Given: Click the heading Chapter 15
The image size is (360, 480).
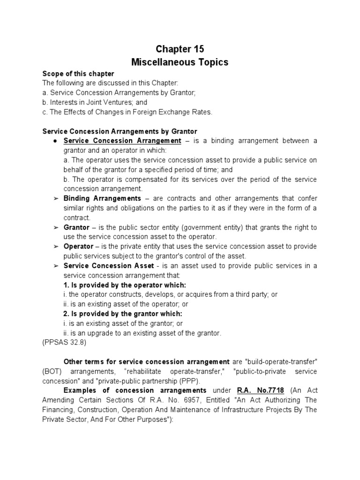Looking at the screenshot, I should pos(180,49).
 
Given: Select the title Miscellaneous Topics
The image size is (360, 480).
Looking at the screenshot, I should pos(180,62).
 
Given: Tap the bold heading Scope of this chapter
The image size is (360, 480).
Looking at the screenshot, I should pos(78,74).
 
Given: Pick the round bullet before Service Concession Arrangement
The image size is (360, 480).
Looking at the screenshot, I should pos(55,141).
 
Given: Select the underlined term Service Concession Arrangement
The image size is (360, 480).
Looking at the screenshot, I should pos(122,141).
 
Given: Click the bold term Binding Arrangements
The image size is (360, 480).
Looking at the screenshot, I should pos(102,198).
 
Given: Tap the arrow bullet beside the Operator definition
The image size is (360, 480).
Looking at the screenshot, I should pos(55,247).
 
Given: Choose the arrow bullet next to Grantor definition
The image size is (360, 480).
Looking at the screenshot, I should pos(55,227).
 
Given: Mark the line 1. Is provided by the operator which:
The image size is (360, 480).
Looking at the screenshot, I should pos(125,285).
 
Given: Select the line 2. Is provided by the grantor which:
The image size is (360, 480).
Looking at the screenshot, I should pos(123,314).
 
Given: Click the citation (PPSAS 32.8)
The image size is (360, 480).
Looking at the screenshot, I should pos(64,343).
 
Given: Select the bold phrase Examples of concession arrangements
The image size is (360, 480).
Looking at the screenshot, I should pos(135,390).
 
